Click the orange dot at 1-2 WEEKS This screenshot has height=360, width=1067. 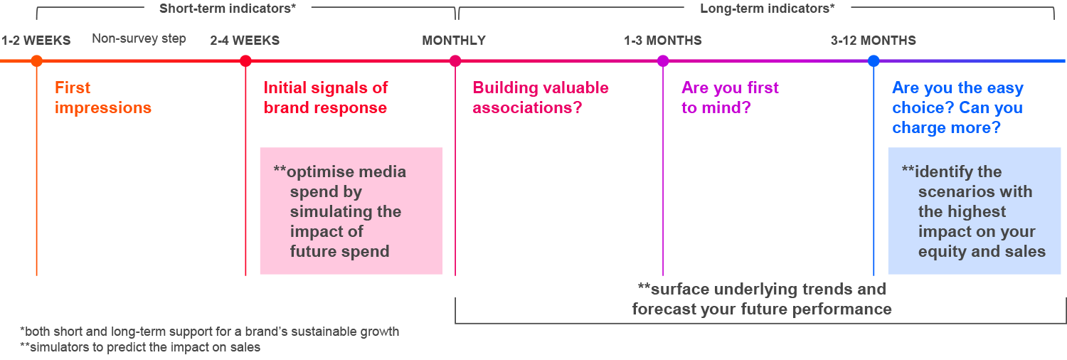36,61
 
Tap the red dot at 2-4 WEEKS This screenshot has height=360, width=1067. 245,61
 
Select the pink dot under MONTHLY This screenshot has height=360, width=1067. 455,61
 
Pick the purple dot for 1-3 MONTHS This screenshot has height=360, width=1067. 663,61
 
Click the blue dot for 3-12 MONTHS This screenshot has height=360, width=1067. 874,61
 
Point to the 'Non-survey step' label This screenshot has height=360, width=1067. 139,39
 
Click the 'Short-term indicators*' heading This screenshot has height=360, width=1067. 227,9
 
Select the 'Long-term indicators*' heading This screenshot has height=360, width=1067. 768,9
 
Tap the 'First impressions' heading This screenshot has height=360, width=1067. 103,98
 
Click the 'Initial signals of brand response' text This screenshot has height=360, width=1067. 326,98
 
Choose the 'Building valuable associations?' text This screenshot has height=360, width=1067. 541,98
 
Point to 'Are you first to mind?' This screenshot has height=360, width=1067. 730,98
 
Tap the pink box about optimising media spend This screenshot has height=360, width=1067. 351,211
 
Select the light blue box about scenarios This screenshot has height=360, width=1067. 975,211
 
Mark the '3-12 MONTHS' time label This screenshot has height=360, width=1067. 874,41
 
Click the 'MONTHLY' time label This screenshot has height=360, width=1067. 454,41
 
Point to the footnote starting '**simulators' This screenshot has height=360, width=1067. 140,348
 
